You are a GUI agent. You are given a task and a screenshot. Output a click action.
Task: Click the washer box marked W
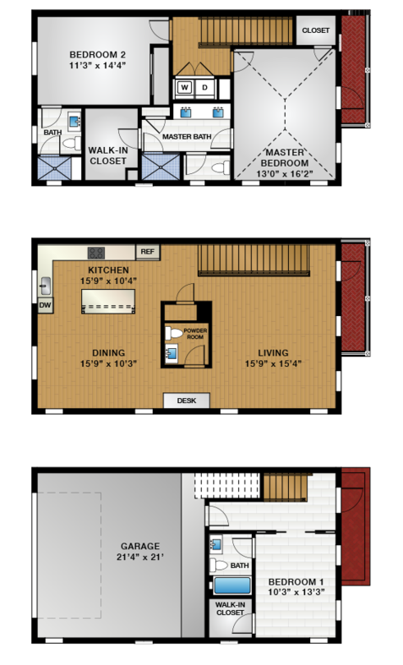pos(184,88)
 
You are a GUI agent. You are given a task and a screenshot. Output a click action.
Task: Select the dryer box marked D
pos(205,88)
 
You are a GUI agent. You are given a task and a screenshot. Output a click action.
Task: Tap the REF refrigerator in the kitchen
pos(147,252)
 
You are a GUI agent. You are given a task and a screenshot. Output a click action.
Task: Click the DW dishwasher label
pos(45,305)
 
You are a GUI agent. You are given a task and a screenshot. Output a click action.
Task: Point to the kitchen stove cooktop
pos(95,253)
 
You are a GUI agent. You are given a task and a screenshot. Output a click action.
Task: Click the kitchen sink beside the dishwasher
pos(45,286)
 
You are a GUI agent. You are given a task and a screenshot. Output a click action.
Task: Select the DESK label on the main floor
pos(187,401)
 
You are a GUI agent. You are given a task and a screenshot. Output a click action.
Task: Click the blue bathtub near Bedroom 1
pos(232,586)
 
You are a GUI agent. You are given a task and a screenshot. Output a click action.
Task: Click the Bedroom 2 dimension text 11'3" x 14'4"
pos(97,65)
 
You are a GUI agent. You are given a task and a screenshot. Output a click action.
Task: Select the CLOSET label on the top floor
pos(316,30)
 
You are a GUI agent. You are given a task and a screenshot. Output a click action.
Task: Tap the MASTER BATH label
pos(187,137)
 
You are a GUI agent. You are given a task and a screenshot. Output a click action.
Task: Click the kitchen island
pos(108,301)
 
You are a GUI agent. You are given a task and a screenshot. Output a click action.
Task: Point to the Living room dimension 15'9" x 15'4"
pos(273,363)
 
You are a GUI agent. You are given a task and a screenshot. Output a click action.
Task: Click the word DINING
pos(109,353)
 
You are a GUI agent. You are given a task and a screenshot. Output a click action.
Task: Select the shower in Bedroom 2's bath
pos(54,168)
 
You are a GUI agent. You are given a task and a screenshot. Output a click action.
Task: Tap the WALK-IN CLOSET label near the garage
pos(230,608)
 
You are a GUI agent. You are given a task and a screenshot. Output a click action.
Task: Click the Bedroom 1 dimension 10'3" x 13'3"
pos(296,592)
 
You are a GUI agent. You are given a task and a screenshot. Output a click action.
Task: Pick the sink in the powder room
pos(172,353)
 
